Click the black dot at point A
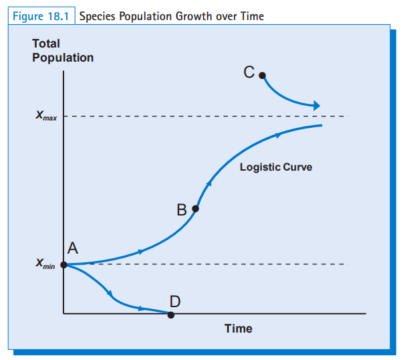(63, 265)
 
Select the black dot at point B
(195, 209)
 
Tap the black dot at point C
(262, 76)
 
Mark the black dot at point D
(171, 314)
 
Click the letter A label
(73, 248)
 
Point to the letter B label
(182, 210)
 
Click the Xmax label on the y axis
(46, 116)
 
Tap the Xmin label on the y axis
(45, 264)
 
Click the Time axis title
(238, 328)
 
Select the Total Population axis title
(62, 50)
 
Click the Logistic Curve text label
(275, 167)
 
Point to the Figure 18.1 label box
(41, 16)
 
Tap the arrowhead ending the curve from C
(317, 106)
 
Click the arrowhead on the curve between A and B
(140, 252)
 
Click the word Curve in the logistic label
(297, 167)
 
